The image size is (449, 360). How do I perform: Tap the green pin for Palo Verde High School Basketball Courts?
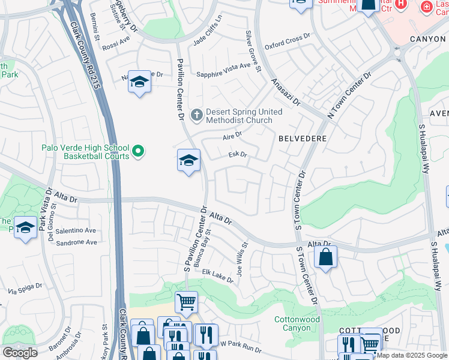click(139, 151)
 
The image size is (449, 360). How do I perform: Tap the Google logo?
click(20, 352)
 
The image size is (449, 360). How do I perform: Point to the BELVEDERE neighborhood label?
click(303, 138)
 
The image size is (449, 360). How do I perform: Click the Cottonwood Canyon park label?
click(297, 324)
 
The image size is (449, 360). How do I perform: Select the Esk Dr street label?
click(238, 155)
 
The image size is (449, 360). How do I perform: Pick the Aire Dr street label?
click(232, 137)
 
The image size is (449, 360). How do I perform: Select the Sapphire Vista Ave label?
click(223, 74)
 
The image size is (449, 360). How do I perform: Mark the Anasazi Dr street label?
click(285, 92)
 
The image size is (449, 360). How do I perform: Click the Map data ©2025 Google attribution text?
click(412, 355)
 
